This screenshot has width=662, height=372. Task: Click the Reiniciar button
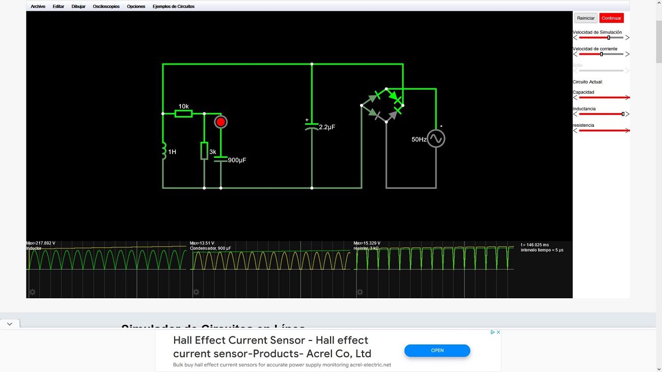click(x=586, y=18)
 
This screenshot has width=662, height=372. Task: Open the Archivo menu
click(x=38, y=7)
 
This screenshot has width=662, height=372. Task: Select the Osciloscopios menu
click(x=106, y=7)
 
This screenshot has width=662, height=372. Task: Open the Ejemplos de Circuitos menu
click(x=174, y=7)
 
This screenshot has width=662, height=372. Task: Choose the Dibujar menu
click(x=78, y=7)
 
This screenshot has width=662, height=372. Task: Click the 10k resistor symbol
click(x=183, y=113)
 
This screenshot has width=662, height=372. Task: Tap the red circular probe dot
click(x=220, y=122)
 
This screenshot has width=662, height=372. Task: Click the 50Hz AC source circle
click(x=436, y=138)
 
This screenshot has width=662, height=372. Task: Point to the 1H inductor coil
click(x=163, y=152)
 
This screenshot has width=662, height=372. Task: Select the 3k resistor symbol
click(x=204, y=151)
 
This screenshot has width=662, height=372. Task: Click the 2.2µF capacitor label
click(x=327, y=127)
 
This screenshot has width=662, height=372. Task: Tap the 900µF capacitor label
click(x=237, y=160)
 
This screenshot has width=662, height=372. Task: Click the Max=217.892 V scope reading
click(x=41, y=243)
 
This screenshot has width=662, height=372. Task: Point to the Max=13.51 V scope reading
click(x=202, y=243)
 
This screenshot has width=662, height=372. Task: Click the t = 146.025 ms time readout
click(x=535, y=245)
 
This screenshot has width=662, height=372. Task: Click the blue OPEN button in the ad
click(x=437, y=351)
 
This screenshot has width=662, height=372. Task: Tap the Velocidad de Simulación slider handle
click(x=609, y=38)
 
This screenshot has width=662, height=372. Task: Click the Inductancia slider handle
click(x=623, y=114)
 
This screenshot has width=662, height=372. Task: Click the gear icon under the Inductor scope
click(x=32, y=292)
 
